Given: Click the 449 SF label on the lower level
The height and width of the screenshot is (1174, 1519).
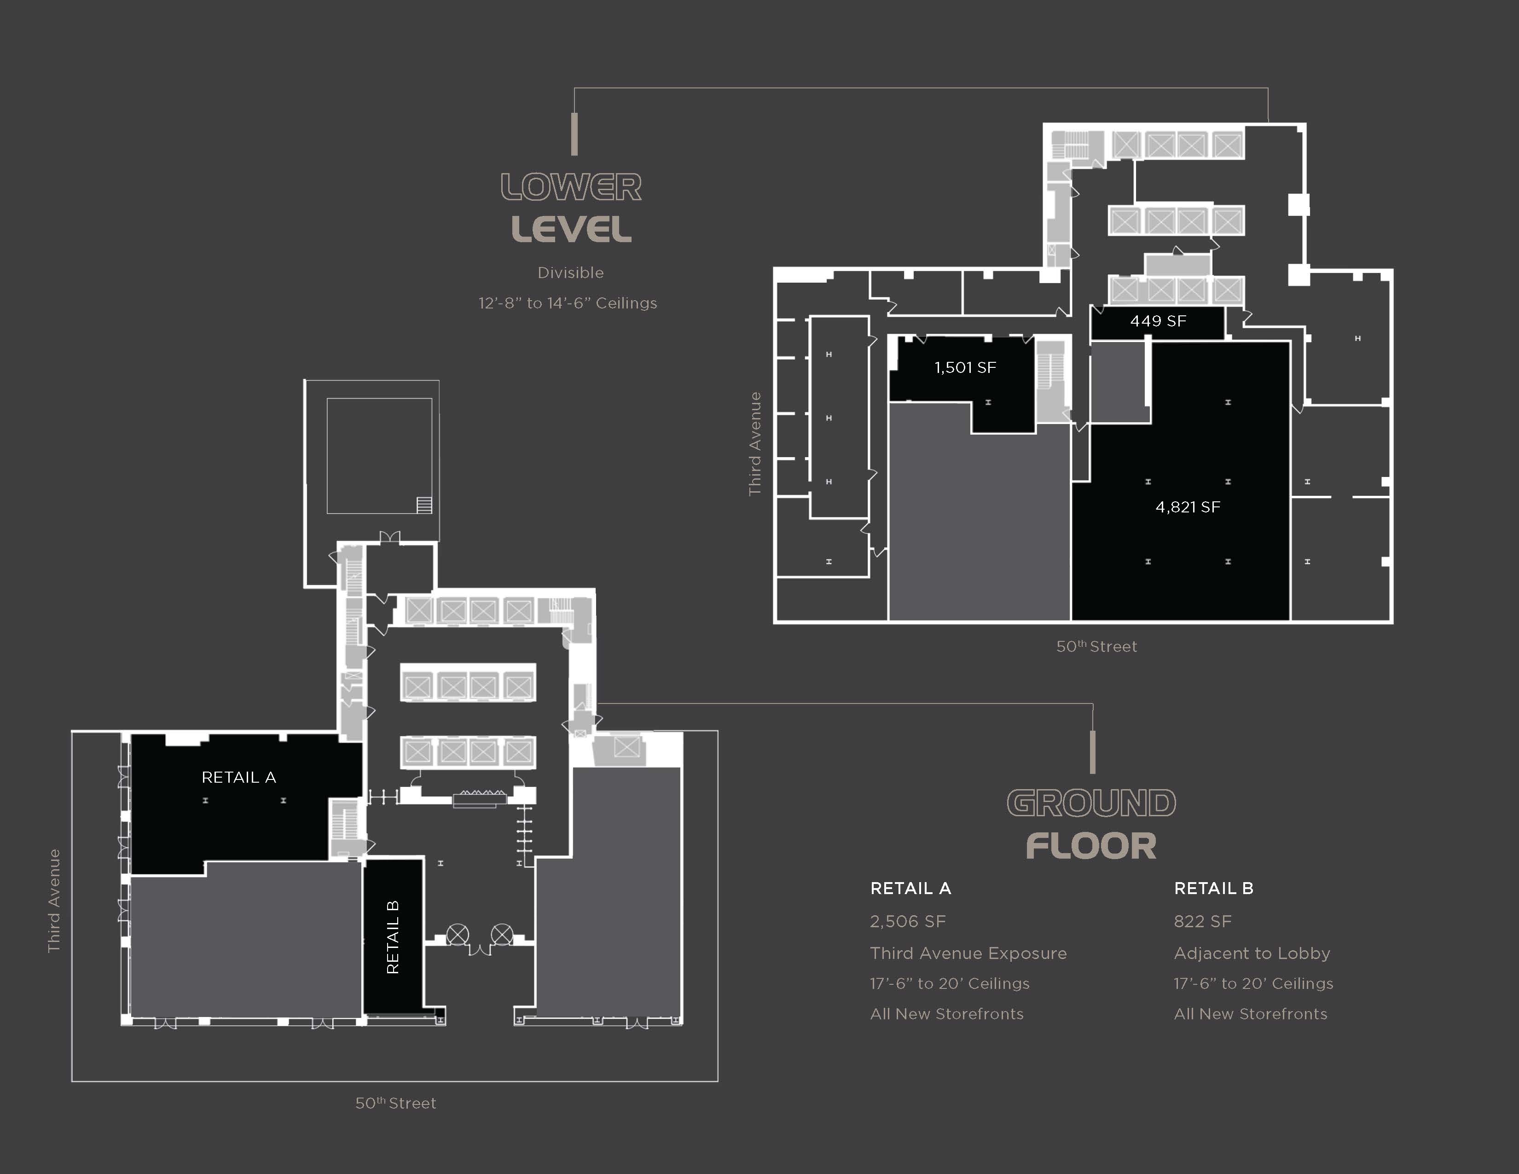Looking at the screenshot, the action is tap(1158, 320).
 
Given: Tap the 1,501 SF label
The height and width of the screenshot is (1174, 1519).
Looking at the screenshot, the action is tap(965, 367).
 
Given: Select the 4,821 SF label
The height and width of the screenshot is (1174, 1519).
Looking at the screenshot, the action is tap(1188, 507).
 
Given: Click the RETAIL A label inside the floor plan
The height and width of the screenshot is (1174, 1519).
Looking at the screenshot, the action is tap(238, 778).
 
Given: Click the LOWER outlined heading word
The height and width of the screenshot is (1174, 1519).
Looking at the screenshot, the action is tap(571, 187).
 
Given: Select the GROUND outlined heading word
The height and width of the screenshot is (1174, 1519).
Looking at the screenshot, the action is tap(1091, 803).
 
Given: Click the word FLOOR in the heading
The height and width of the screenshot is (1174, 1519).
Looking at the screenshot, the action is tap(1091, 846).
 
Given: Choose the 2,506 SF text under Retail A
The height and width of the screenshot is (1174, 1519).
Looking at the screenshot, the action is tap(908, 922).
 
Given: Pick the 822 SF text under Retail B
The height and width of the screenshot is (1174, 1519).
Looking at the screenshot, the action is tap(1202, 922).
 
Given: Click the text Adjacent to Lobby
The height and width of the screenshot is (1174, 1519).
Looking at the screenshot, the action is tap(1252, 953).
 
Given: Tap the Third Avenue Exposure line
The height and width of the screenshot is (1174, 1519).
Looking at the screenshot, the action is tap(968, 953).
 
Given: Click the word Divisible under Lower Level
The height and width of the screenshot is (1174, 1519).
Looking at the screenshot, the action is tap(570, 273).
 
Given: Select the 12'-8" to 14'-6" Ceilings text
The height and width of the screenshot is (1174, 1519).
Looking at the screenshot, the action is tap(568, 303).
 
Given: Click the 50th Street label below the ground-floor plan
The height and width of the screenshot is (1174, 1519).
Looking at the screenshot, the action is tap(396, 1103).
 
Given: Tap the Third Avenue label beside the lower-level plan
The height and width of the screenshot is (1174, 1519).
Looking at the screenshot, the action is tap(754, 444).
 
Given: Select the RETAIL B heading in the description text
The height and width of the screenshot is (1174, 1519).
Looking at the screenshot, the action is tap(1214, 888).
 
